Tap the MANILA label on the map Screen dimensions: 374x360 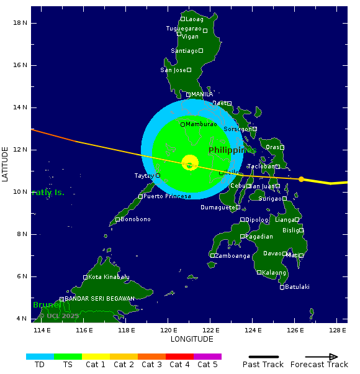(202, 94)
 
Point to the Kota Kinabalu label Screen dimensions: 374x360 (109, 277)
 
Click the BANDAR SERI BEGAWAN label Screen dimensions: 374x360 (99, 299)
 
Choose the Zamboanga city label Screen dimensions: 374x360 (233, 255)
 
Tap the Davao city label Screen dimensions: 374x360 (272, 253)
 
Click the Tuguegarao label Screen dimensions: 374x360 (184, 29)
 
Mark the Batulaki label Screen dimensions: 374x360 (297, 287)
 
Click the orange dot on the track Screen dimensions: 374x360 (302, 179)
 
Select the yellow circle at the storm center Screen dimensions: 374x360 (190, 163)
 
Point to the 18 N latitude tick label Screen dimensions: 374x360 (20, 23)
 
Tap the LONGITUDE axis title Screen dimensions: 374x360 (192, 339)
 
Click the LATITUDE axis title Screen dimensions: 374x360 (6, 164)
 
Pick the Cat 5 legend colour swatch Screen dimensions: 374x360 (207, 357)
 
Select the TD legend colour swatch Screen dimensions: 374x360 (40, 357)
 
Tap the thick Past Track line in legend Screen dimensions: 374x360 (263, 357)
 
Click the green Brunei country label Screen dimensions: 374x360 (47, 305)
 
